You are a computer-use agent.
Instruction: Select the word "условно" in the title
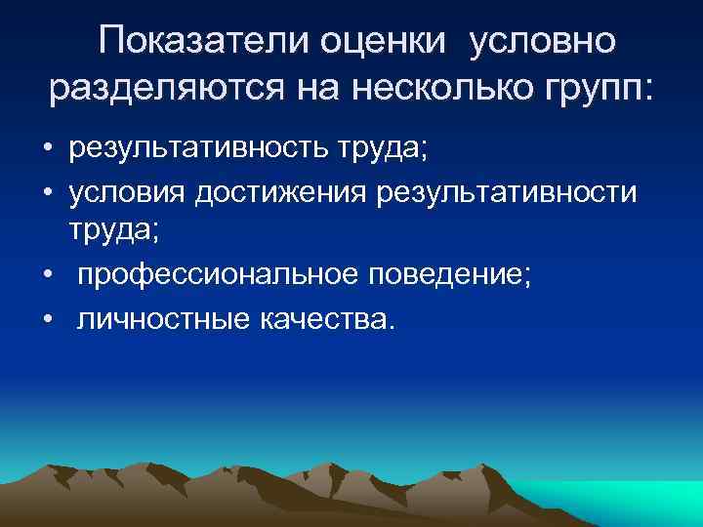point(544,41)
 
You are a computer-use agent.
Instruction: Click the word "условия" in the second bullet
point(127,193)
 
